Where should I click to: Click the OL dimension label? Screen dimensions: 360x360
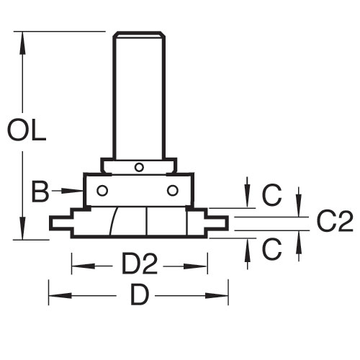[27, 131]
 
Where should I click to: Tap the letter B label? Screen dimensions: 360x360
[40, 192]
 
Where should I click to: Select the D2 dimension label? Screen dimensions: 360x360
[140, 264]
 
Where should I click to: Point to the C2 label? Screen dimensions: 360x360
[335, 222]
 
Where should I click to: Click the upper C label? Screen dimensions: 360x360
[272, 195]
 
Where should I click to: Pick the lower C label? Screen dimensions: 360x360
[272, 249]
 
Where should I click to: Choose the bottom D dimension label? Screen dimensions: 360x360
[140, 294]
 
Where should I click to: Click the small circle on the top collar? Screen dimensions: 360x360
[139, 167]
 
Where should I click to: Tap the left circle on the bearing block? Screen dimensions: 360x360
[102, 191]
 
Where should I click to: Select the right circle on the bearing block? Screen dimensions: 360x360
[173, 191]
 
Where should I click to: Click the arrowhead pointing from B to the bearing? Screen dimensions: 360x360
[72, 191]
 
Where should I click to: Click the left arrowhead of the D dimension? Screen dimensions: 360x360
[60, 295]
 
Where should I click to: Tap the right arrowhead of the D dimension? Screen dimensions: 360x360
[217, 295]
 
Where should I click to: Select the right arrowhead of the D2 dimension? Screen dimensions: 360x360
[195, 266]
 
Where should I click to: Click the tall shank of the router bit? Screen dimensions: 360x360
[139, 95]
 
